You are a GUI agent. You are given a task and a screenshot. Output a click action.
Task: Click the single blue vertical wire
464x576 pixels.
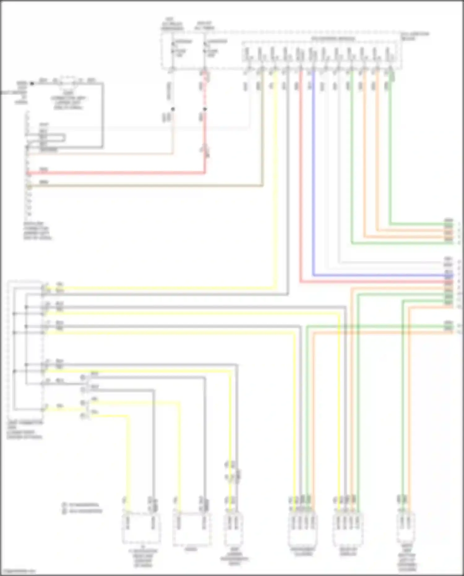pyautogui.click(x=313, y=173)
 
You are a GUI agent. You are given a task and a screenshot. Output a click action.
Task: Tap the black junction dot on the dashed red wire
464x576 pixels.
pyautogui.click(x=205, y=109)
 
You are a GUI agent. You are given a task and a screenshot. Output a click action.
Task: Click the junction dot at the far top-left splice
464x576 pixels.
pyautogui.click(x=32, y=83)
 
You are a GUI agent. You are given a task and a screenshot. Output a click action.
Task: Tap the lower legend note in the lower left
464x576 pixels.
pyautogui.click(x=82, y=511)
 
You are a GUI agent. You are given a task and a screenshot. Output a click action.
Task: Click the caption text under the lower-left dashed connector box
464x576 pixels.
pyautogui.click(x=25, y=430)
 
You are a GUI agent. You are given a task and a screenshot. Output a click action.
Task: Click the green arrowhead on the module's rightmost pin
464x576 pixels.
pyautogui.click(x=392, y=75)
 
